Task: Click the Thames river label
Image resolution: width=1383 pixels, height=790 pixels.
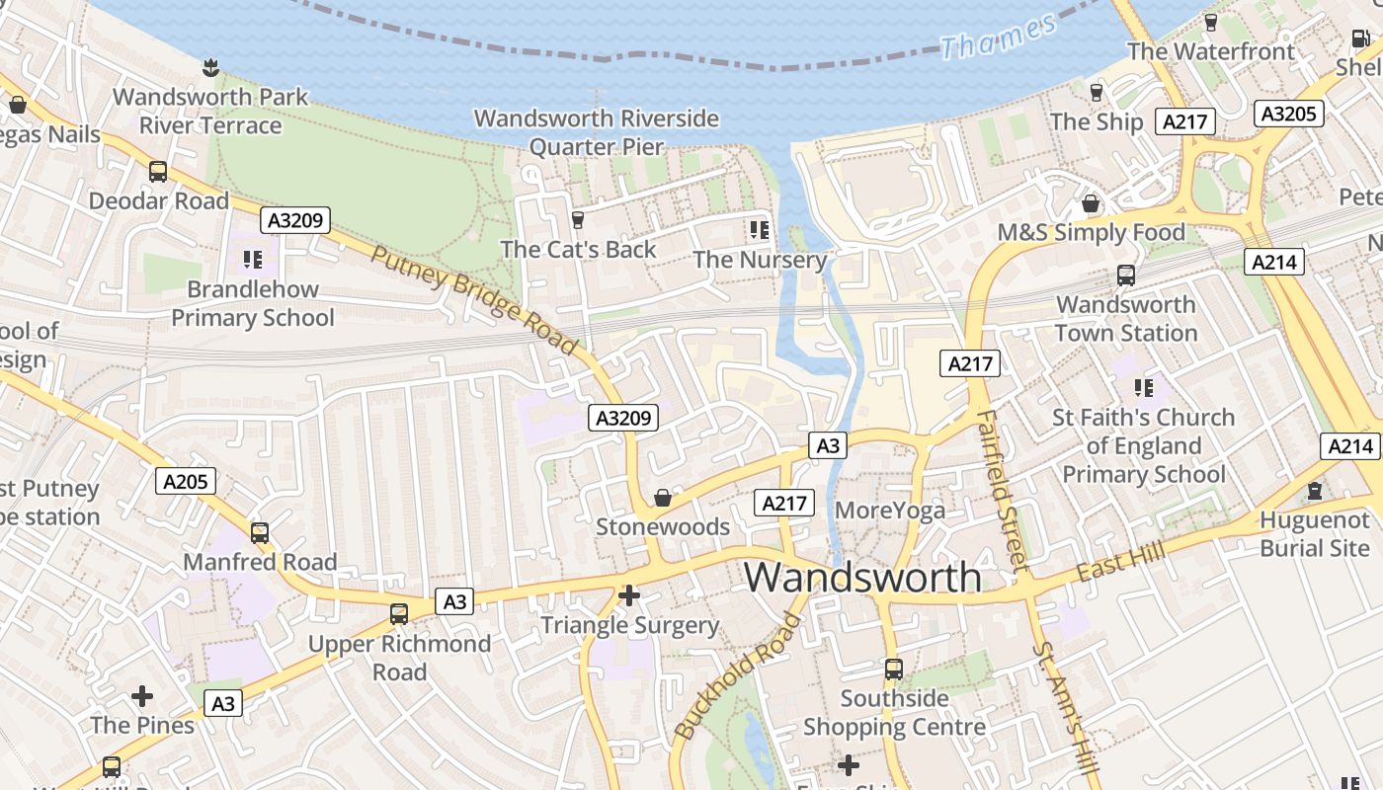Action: pyautogui.click(x=998, y=36)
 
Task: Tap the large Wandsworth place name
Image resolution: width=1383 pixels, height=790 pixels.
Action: pyautogui.click(x=862, y=577)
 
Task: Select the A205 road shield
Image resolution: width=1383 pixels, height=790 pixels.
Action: pyautogui.click(x=186, y=481)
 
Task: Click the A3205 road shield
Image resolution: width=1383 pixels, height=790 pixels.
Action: pyautogui.click(x=1289, y=114)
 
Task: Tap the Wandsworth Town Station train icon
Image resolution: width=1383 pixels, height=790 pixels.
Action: pyautogui.click(x=1125, y=276)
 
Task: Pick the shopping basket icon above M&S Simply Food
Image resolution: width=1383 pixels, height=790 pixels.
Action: pyautogui.click(x=1091, y=203)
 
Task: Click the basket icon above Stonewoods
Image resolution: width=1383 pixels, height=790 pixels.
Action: pyautogui.click(x=663, y=498)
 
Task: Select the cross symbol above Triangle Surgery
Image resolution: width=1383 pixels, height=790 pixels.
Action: pyautogui.click(x=629, y=595)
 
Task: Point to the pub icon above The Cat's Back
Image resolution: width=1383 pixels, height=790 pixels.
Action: pyautogui.click(x=578, y=219)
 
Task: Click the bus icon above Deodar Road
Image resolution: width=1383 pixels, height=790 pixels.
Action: pyautogui.click(x=158, y=171)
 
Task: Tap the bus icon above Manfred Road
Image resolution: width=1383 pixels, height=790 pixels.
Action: pyautogui.click(x=260, y=533)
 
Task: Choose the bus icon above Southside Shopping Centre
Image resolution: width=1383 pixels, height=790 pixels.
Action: pyautogui.click(x=894, y=670)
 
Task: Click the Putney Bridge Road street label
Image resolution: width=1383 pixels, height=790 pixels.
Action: pyautogui.click(x=473, y=299)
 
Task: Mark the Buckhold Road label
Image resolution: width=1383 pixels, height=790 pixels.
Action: pyautogui.click(x=737, y=677)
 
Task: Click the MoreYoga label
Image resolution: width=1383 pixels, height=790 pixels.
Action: pyautogui.click(x=890, y=511)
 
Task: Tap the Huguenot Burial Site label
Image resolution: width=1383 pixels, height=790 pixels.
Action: pyautogui.click(x=1314, y=534)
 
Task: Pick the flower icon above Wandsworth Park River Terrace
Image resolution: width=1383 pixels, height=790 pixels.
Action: pyautogui.click(x=209, y=68)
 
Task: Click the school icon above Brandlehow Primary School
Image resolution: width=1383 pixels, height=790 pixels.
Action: pyautogui.click(x=253, y=260)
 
